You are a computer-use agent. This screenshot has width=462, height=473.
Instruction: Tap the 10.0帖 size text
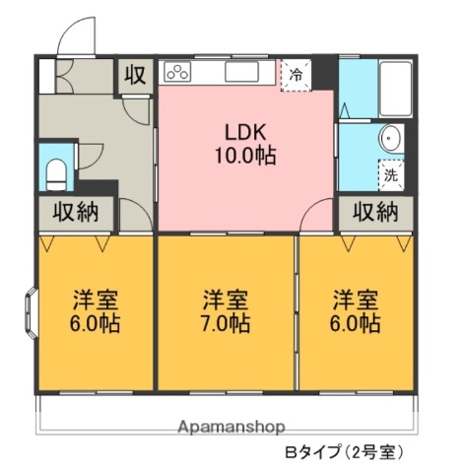(244, 155)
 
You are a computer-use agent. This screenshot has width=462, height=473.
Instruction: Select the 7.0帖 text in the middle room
(227, 322)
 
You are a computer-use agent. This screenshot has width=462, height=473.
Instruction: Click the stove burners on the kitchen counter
(177, 72)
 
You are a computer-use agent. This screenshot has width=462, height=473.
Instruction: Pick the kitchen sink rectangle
(240, 72)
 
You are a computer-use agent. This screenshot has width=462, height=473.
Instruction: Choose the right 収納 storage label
(375, 212)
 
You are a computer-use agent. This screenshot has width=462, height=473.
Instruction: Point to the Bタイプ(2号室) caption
(344, 453)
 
